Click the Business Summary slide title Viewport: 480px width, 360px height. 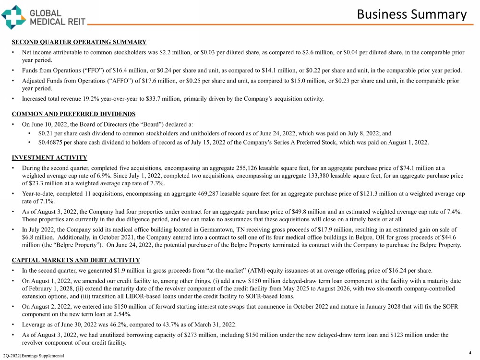(411, 14)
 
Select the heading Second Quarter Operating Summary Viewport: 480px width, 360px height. (79, 42)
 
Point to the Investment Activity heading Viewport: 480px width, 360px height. (49, 157)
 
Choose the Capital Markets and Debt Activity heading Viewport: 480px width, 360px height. (76, 260)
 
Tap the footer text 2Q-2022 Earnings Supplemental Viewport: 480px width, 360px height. (33, 355)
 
